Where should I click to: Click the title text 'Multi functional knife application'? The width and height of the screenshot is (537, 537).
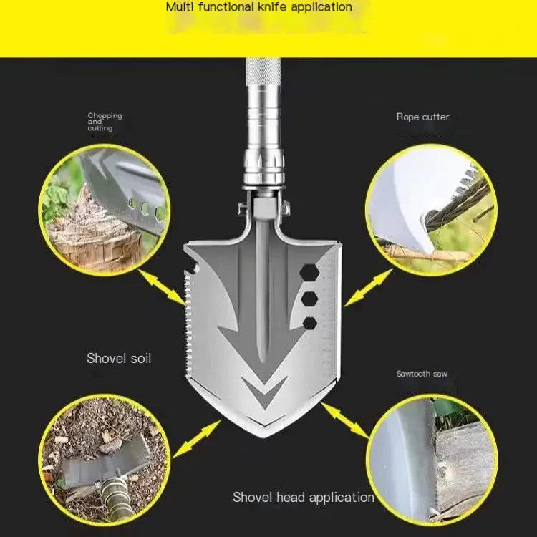pos(259,7)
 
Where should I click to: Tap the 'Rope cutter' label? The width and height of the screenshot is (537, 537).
pos(422,117)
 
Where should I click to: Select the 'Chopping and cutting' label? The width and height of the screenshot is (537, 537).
pos(105,122)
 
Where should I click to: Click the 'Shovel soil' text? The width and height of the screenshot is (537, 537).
pos(119,358)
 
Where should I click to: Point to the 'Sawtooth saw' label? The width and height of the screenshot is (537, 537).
pos(422,374)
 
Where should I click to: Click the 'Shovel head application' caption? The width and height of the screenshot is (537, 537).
pos(303,497)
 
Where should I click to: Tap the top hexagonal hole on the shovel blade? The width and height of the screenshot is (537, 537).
pos(309,271)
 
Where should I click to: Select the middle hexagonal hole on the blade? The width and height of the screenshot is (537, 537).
pos(309,298)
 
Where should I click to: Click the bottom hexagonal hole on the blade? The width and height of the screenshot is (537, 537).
pos(309,323)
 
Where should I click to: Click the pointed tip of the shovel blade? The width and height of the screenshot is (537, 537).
pos(266,433)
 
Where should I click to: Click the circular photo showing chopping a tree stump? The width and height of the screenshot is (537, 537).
pos(105,208)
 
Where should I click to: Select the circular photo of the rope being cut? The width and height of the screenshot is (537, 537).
pos(430,208)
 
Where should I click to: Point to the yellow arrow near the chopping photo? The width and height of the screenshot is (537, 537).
pos(162,287)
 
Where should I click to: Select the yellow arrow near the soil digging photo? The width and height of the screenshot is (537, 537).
pos(196,439)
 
